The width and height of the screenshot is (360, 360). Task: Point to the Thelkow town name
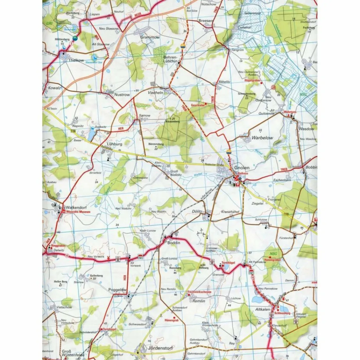[77, 60]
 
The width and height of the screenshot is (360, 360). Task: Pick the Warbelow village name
[262, 138]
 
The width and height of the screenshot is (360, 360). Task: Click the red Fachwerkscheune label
[200, 292]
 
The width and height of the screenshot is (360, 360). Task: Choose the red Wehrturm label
[288, 112]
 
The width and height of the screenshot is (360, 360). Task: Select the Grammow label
[150, 37]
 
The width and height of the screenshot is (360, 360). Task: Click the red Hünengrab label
[172, 321]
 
